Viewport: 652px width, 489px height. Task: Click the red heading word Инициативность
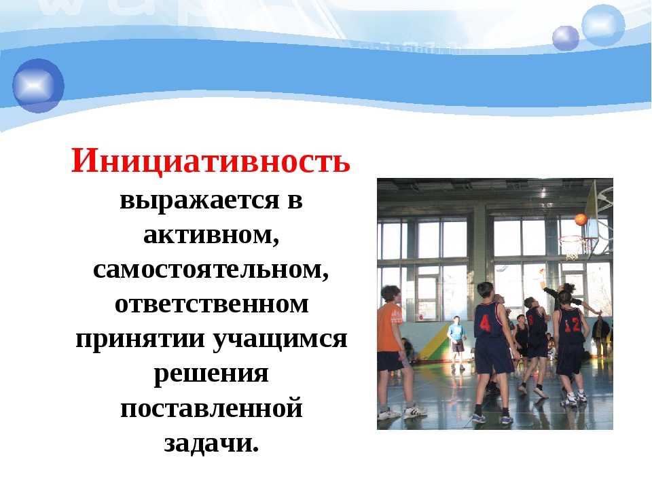pyautogui.click(x=211, y=161)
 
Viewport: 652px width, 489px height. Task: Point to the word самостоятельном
pyautogui.click(x=211, y=270)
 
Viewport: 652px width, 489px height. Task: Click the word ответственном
pyautogui.click(x=212, y=304)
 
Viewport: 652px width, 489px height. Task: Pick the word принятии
pyautogui.click(x=141, y=339)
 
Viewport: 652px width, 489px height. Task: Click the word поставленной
pyautogui.click(x=211, y=408)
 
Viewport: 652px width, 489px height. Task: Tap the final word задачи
pyautogui.click(x=211, y=443)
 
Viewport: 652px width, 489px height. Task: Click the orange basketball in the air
pyautogui.click(x=581, y=219)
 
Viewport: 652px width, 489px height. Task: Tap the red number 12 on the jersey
pyautogui.click(x=571, y=325)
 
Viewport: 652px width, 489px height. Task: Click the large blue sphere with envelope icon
pyautogui.click(x=38, y=86)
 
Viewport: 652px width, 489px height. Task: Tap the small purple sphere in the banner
pyautogui.click(x=566, y=38)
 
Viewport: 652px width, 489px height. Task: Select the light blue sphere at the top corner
pyautogui.click(x=603, y=25)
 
